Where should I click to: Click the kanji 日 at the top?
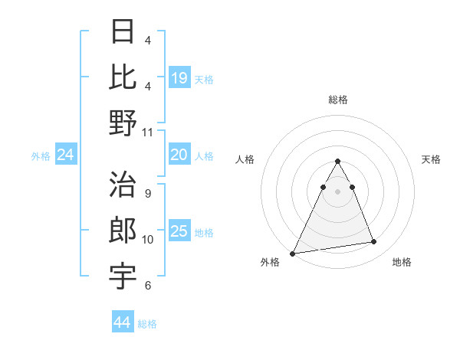(x=123, y=32)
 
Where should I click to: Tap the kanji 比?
(x=123, y=77)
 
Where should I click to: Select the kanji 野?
(x=123, y=123)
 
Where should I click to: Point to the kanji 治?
(x=123, y=185)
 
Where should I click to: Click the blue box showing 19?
(x=179, y=78)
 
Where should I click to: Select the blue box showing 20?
(x=179, y=155)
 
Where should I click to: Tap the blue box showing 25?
(x=179, y=231)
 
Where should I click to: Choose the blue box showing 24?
(x=66, y=155)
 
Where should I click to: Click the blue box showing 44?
(x=123, y=322)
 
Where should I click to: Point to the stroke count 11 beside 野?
(x=148, y=133)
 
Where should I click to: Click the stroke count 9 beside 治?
(x=147, y=193)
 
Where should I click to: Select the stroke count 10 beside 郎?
(x=148, y=240)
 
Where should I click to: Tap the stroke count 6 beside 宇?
(x=147, y=286)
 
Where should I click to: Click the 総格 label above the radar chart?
(x=338, y=100)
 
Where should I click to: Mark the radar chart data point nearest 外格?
(x=293, y=253)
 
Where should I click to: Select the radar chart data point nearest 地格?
(x=374, y=242)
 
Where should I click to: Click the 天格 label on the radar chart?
(x=432, y=159)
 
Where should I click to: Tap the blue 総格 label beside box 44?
(x=147, y=324)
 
